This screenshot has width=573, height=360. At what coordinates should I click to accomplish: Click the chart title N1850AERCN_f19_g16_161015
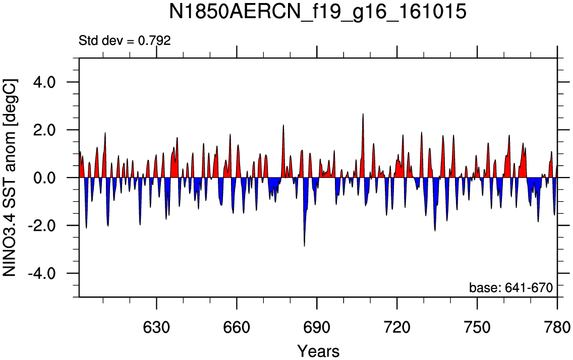(317, 12)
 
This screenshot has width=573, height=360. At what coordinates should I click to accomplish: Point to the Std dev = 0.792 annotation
(125, 40)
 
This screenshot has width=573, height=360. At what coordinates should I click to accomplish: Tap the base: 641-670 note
(511, 288)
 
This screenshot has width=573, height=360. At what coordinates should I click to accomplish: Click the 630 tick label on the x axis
(156, 327)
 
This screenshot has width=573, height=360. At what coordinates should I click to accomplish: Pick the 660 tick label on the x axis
(237, 327)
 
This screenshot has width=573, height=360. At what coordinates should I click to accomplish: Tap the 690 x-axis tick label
(317, 327)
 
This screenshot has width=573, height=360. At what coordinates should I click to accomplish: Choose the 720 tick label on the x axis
(397, 327)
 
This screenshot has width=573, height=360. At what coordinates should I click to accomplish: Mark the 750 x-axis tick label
(477, 327)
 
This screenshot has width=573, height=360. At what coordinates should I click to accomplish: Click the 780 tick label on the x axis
(557, 327)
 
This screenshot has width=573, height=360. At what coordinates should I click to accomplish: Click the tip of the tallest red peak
(363, 113)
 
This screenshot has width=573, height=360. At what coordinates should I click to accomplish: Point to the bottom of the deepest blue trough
(305, 247)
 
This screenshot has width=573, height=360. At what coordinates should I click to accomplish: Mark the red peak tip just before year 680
(283, 125)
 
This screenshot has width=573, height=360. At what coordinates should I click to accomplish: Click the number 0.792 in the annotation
(154, 40)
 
